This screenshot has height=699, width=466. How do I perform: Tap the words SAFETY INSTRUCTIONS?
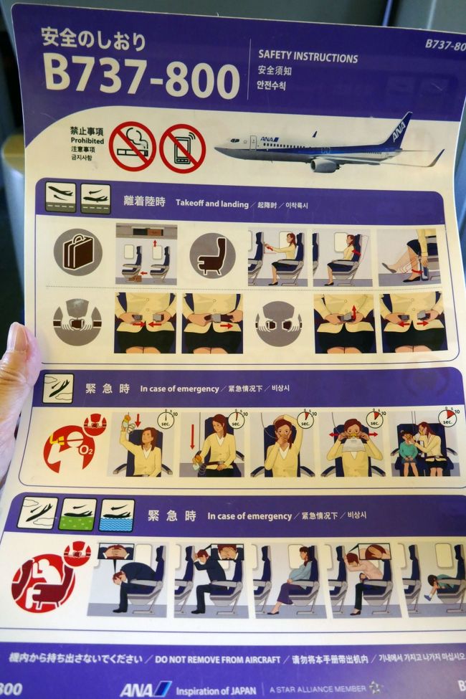(308, 57)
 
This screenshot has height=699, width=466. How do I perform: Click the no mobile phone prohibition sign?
(182, 148)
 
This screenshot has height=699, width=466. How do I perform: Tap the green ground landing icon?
(77, 513)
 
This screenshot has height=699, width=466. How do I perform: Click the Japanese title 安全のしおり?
(93, 39)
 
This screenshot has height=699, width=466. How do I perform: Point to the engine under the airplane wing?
(324, 165)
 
